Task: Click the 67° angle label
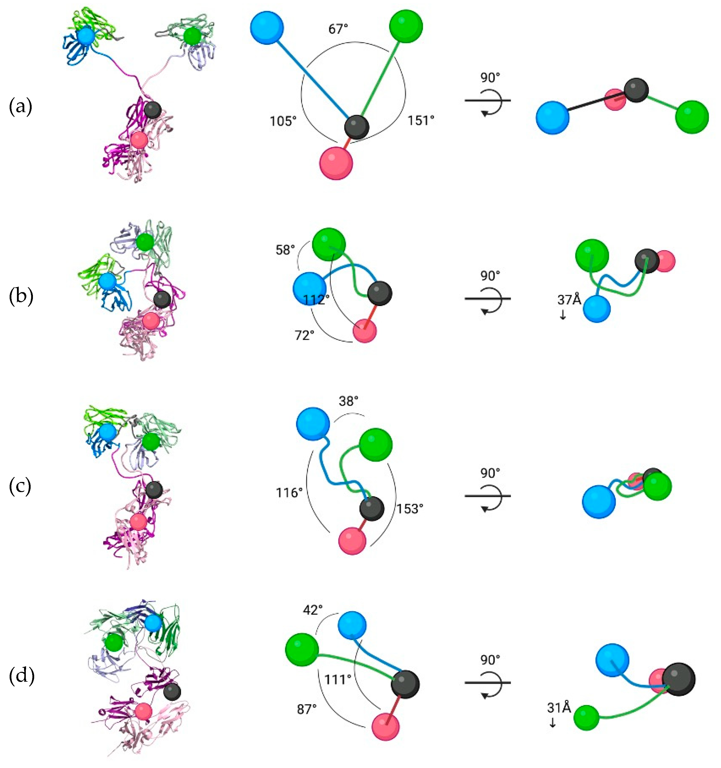pyautogui.click(x=338, y=29)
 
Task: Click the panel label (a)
pyautogui.click(x=21, y=107)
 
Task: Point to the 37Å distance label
pyautogui.click(x=569, y=299)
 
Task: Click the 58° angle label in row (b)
pyautogui.click(x=285, y=250)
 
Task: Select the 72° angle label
pyautogui.click(x=305, y=335)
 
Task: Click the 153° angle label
pyautogui.click(x=410, y=509)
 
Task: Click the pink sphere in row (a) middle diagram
pyautogui.click(x=336, y=163)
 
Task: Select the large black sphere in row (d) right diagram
pyautogui.click(x=678, y=679)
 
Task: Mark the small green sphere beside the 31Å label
pyautogui.click(x=586, y=717)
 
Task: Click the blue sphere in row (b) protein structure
pyautogui.click(x=107, y=282)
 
